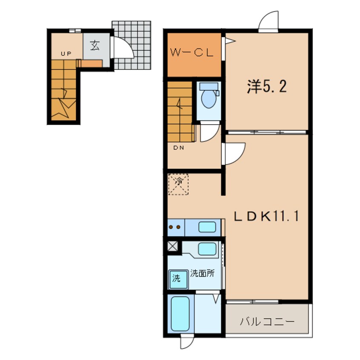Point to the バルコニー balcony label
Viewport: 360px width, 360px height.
pos(267,321)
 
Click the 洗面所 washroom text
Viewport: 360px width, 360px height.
pos(202,274)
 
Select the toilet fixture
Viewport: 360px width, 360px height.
pos(209,97)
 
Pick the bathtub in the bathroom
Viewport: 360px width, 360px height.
pos(180,314)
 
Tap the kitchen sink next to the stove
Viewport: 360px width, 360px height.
pos(207,227)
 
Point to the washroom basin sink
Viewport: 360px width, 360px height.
pos(207,248)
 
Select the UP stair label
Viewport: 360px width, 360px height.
pos(66,54)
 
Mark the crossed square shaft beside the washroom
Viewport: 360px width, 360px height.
pos(173,246)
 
